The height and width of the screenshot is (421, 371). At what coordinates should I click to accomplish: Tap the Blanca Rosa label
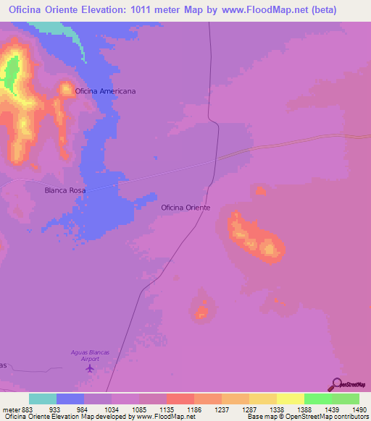tap(65, 190)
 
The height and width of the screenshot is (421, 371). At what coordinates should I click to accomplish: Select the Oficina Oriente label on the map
tap(185, 208)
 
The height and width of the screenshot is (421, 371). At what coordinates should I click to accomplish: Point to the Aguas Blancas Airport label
tap(90, 355)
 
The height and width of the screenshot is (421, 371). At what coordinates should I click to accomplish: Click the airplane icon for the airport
tap(90, 369)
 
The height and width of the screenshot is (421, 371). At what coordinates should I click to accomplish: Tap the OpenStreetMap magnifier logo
tap(335, 384)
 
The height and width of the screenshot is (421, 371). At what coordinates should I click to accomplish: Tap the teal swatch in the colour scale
tap(43, 399)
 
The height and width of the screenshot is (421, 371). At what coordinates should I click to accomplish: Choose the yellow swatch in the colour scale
tap(291, 399)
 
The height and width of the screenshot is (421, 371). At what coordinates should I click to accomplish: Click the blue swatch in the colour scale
tap(70, 399)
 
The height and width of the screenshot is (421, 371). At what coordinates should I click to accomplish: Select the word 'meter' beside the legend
tap(10, 409)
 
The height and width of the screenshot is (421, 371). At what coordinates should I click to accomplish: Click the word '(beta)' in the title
tap(322, 10)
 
